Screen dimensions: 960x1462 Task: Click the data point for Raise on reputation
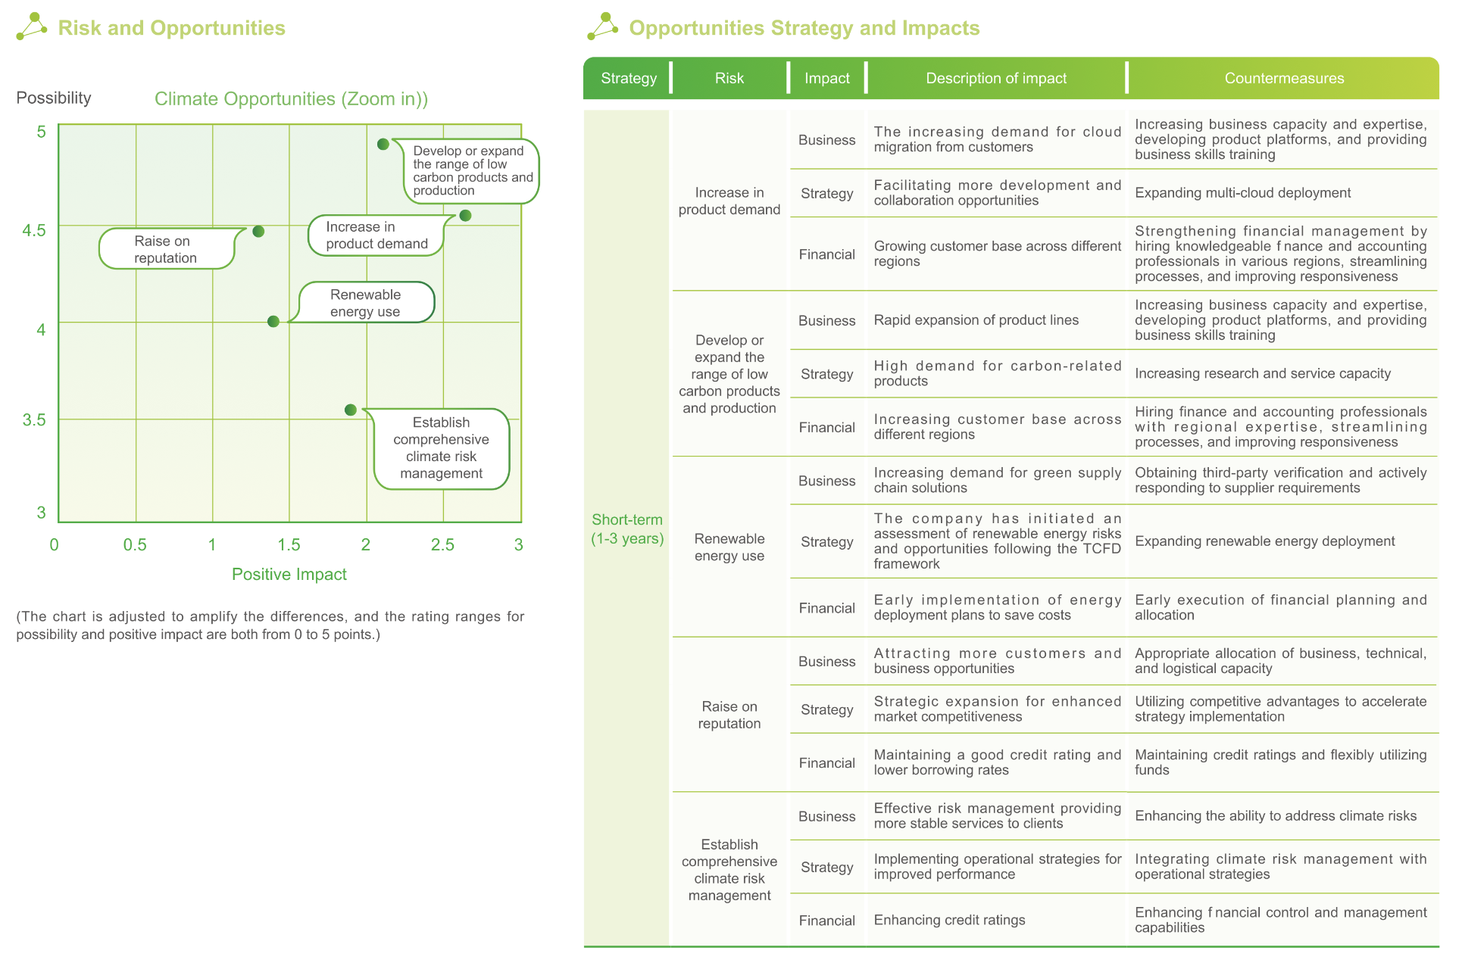(258, 231)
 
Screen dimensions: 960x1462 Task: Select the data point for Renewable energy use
(273, 322)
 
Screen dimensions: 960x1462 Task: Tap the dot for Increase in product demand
(466, 216)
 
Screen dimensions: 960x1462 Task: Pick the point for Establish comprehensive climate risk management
(350, 410)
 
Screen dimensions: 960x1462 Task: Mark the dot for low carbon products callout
(383, 144)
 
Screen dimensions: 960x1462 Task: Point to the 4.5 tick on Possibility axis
(34, 230)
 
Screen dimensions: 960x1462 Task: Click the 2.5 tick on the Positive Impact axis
(442, 544)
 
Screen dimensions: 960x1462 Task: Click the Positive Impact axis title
(289, 574)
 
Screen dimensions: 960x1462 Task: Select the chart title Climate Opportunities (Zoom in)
(291, 99)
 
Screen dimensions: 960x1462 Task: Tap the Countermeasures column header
(1284, 78)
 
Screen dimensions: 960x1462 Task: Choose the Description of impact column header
(995, 78)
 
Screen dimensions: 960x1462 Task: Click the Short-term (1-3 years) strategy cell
(627, 528)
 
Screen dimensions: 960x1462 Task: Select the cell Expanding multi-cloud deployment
(1242, 193)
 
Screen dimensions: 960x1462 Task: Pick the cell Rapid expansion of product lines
(976, 320)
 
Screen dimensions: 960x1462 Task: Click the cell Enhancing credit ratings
(949, 920)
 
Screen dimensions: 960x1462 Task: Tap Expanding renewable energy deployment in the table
(1264, 541)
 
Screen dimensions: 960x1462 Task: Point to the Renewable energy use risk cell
(729, 547)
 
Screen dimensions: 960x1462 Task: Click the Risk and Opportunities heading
(171, 28)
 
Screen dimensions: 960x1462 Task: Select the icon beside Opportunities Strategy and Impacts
(602, 26)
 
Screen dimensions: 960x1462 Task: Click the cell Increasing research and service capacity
(1262, 373)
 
